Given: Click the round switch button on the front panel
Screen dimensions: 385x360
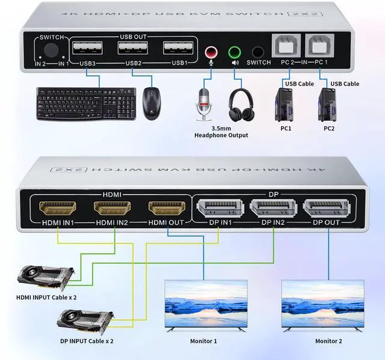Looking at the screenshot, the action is (x=51, y=50).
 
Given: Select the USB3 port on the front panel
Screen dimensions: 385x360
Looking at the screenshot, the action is (x=87, y=48).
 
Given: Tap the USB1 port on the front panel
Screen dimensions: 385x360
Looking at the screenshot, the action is (x=178, y=48).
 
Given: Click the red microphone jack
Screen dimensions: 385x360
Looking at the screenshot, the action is (x=211, y=52).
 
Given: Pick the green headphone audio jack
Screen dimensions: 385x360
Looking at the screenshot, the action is (x=235, y=52).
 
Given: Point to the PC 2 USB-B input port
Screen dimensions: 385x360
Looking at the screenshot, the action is (x=286, y=46).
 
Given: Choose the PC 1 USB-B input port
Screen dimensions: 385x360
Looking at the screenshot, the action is (x=319, y=46).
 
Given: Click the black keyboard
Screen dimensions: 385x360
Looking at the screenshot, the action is (x=86, y=104).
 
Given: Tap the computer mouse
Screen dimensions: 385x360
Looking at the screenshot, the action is (x=152, y=104).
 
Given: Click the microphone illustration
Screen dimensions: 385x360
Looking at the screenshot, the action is (x=203, y=104).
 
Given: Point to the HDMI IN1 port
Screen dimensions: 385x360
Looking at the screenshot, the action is (x=58, y=208).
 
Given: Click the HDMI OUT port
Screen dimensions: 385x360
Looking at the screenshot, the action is (x=167, y=208).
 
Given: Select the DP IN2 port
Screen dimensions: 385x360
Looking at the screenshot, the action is (x=274, y=208).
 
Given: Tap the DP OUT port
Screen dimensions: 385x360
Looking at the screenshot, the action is (x=327, y=208).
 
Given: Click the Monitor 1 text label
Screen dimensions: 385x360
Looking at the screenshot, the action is (x=203, y=341).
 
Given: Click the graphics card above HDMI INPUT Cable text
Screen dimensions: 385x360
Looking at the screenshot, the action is (x=46, y=278).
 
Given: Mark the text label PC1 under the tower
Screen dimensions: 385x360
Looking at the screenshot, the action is (x=286, y=128).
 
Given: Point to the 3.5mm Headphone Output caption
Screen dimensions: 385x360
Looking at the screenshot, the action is (x=221, y=132).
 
